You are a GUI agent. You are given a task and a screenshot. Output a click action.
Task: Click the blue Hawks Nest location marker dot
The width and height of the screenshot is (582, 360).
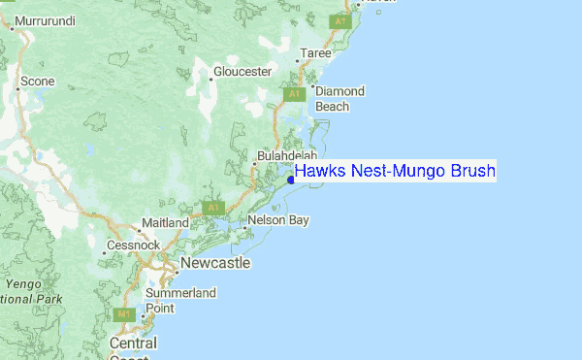pyautogui.click(x=291, y=180)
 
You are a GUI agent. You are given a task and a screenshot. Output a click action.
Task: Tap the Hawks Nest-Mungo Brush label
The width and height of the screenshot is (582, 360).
pyautogui.click(x=395, y=172)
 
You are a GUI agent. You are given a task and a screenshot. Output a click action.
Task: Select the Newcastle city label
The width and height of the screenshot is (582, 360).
pyautogui.click(x=211, y=263)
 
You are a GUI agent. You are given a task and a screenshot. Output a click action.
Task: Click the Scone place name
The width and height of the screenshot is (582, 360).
pyautogui.click(x=38, y=82)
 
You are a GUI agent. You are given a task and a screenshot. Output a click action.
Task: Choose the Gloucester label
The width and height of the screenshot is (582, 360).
pyautogui.click(x=242, y=72)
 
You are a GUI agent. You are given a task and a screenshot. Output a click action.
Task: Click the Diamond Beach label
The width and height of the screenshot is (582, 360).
pyautogui.click(x=339, y=98)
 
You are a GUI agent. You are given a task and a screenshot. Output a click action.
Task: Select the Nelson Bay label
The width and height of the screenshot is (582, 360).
pyautogui.click(x=278, y=220)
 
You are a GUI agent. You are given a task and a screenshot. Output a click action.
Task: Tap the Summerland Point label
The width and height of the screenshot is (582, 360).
pyautogui.click(x=179, y=300)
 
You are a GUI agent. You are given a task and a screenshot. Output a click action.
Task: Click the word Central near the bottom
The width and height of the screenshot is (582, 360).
pyautogui.click(x=133, y=344)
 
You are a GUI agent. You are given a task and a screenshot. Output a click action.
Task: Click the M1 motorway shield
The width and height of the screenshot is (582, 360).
pyautogui.click(x=123, y=314)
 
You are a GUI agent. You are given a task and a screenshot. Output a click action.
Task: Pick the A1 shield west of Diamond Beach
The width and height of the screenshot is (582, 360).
pyautogui.click(x=295, y=94)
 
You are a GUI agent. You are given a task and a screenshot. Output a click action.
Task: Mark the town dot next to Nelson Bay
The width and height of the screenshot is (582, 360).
pyautogui.click(x=244, y=229)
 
